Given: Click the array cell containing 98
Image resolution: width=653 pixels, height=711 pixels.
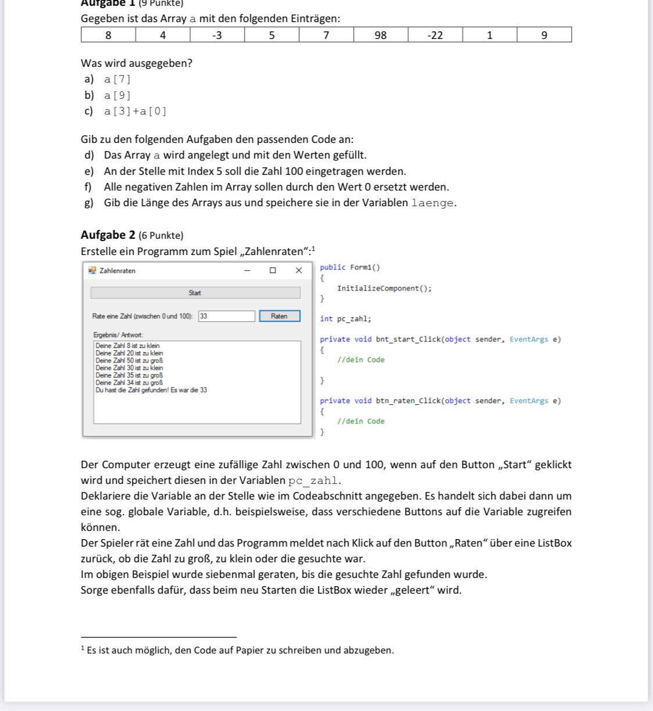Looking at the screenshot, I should click(381, 35).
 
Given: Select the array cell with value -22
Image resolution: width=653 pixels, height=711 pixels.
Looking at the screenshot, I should click(435, 35).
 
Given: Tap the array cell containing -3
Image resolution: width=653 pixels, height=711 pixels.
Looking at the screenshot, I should click(217, 35).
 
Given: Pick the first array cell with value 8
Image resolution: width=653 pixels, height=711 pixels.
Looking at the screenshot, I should click(108, 35).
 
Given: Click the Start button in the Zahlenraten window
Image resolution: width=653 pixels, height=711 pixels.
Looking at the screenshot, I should click(195, 293).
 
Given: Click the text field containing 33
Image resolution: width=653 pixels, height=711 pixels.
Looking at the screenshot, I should click(227, 316).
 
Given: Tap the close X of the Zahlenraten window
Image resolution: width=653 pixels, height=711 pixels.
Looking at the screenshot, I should click(299, 270).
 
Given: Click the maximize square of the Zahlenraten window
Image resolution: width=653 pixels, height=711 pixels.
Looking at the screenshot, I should click(272, 270).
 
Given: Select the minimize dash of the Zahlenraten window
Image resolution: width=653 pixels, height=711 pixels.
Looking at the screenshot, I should click(247, 270).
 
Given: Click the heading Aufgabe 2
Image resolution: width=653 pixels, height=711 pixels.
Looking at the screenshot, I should click(108, 235).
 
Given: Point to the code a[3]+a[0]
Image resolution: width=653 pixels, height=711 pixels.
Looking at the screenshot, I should click(135, 112).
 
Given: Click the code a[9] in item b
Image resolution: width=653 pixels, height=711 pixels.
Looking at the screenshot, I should click(117, 95).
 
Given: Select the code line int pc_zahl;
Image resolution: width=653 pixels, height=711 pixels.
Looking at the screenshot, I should click(345, 319).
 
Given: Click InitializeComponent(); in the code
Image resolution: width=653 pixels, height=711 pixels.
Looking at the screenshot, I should click(384, 288).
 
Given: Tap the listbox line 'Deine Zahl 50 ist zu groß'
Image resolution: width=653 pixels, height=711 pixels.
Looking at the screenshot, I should click(129, 361).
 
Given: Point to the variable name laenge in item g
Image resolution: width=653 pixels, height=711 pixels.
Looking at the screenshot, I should click(432, 203).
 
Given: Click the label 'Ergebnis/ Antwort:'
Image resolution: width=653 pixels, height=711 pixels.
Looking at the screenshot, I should click(118, 335).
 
